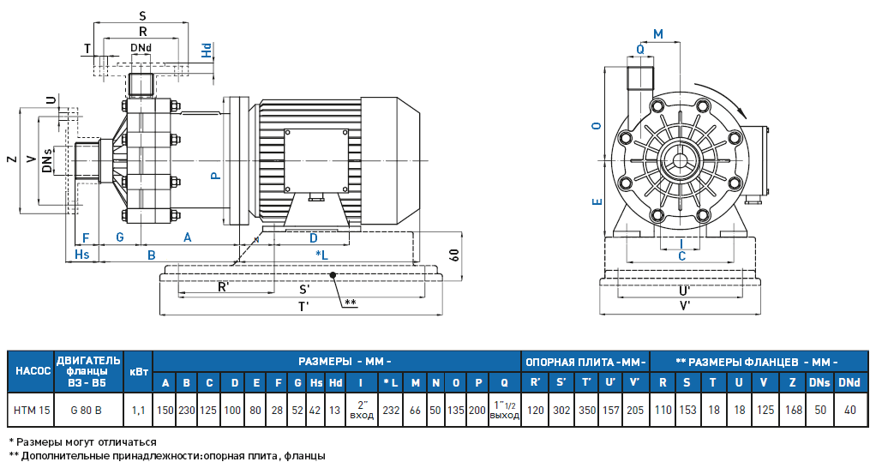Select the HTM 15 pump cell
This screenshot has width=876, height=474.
31,411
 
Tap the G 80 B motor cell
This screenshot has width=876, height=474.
87,411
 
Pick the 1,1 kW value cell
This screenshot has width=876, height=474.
138,411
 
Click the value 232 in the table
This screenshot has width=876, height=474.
391,411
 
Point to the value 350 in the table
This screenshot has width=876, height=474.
586,411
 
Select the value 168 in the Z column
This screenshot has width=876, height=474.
794,411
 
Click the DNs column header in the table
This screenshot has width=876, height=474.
819,382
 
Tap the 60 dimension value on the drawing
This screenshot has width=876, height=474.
453,255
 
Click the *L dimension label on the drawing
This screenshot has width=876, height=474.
321,255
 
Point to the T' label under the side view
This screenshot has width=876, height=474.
303,307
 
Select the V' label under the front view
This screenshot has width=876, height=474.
685,305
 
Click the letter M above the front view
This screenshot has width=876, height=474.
658,33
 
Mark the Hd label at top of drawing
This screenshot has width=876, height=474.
207,50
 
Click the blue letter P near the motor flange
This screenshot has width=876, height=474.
216,175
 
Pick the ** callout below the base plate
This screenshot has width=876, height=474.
350,303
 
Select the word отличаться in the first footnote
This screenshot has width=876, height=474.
128,441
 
